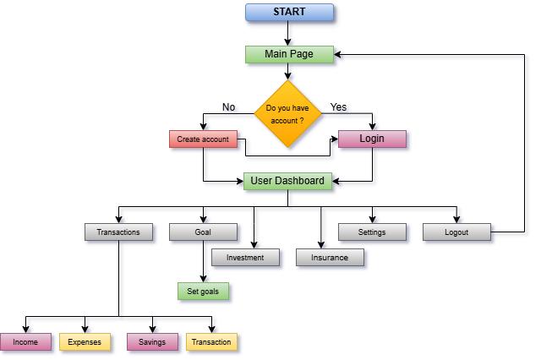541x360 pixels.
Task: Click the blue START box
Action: coord(289,12)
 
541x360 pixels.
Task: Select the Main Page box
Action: coord(289,54)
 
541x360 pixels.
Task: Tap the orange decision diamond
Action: coord(287,114)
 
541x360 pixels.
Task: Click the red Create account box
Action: coord(203,139)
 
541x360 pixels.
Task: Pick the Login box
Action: coord(372,139)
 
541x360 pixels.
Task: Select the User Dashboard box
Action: coord(287,181)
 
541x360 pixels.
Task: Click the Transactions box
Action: coord(118,232)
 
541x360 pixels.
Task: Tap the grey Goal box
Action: coord(203,232)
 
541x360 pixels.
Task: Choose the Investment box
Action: coord(245,257)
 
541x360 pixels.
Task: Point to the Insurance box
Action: coord(330,257)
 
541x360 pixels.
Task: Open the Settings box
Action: coord(372,232)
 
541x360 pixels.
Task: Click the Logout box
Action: coord(456,232)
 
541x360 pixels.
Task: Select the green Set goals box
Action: coord(203,291)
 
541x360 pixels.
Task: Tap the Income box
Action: coord(25,341)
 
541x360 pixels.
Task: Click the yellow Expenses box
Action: coord(85,341)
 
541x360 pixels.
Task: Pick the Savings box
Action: coord(152,341)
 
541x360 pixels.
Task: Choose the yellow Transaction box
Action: coord(211,341)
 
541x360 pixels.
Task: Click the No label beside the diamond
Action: coord(228,107)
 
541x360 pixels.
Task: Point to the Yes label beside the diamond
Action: coord(338,107)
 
